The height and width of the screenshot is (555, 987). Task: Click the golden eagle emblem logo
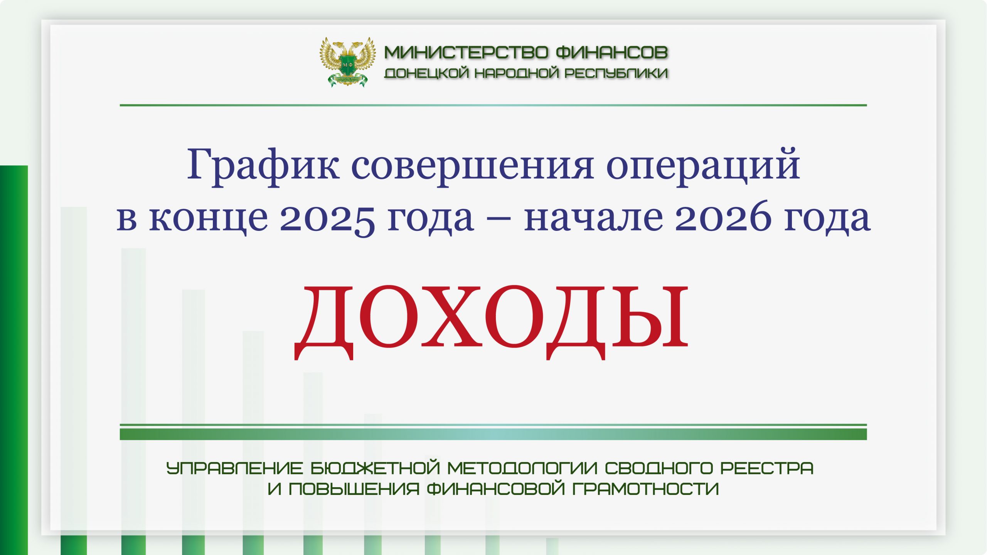point(347,62)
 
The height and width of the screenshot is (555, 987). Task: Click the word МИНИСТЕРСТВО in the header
point(466,52)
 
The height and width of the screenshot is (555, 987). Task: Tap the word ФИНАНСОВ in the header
point(612,52)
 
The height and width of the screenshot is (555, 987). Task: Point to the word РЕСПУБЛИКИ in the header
point(616,73)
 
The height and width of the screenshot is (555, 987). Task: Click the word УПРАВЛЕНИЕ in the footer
point(234,468)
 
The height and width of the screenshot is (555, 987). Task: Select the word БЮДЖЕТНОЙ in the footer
point(375,468)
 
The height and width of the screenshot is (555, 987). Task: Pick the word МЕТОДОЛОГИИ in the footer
point(522,468)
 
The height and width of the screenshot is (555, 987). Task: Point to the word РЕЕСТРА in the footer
point(767,468)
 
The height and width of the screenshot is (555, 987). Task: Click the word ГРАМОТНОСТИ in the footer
point(645,489)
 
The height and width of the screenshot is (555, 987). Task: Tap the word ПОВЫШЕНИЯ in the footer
point(354,489)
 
